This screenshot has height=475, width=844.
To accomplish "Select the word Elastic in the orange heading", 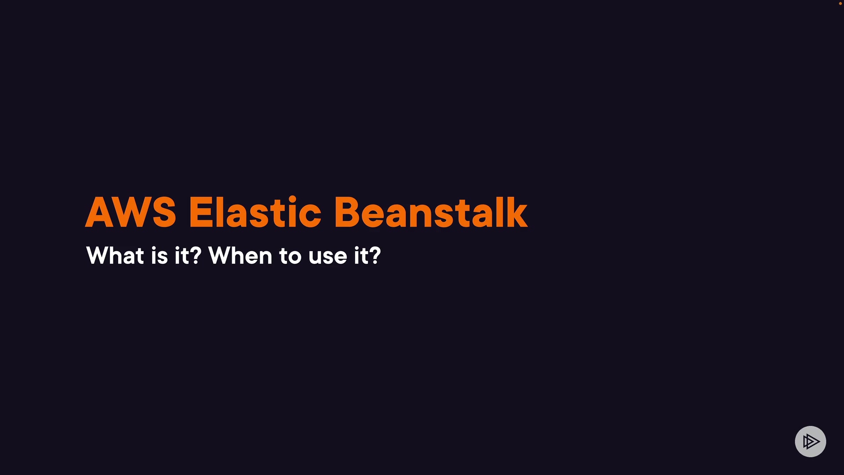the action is click(x=255, y=212).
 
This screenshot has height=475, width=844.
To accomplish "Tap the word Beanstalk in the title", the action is click(x=431, y=212).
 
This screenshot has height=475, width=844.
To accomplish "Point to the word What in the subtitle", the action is click(x=115, y=256).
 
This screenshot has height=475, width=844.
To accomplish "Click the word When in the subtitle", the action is click(x=240, y=256).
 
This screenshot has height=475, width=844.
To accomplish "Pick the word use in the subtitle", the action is click(x=328, y=258).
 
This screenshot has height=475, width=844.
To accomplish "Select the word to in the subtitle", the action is click(x=290, y=257).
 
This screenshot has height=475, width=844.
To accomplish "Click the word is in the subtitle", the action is click(x=159, y=256).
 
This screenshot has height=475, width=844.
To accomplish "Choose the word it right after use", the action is click(x=361, y=256).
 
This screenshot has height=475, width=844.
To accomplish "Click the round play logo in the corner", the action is click(x=811, y=442).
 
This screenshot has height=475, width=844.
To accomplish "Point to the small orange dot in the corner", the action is click(x=840, y=4).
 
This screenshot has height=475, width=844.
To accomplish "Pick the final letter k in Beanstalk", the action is click(x=516, y=212).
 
